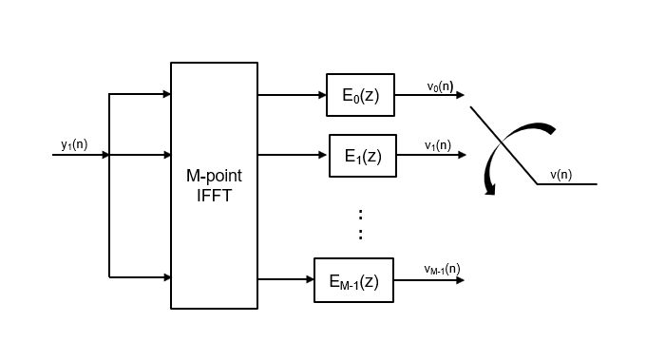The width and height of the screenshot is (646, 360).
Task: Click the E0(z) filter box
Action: (359, 95)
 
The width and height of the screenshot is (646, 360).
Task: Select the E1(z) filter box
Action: (362, 156)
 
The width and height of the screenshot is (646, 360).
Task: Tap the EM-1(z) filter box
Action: (353, 280)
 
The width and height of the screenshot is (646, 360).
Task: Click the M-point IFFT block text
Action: (214, 187)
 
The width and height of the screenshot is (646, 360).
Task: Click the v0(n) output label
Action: (440, 86)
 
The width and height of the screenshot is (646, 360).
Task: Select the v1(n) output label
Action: (438, 145)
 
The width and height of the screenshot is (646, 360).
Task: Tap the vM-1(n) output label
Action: (442, 269)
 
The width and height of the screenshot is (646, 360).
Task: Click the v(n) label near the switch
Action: (560, 174)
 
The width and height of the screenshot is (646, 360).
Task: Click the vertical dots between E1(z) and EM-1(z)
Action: (360, 223)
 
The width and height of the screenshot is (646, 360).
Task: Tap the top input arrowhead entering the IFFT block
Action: (166, 94)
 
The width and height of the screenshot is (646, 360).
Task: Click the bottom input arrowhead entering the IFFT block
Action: (166, 277)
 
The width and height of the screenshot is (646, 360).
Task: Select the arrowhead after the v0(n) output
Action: (460, 95)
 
